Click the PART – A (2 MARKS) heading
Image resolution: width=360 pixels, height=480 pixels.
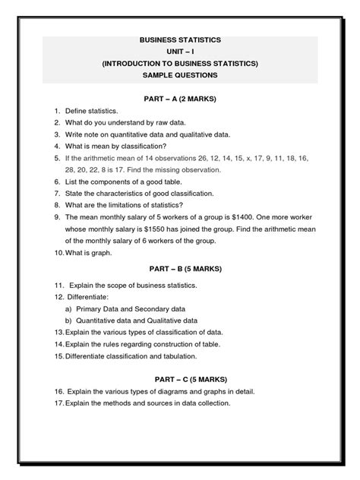tap(180, 99)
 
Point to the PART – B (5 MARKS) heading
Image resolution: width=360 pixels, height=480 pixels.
tap(180, 268)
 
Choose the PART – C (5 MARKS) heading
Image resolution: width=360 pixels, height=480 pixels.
tap(180, 378)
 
